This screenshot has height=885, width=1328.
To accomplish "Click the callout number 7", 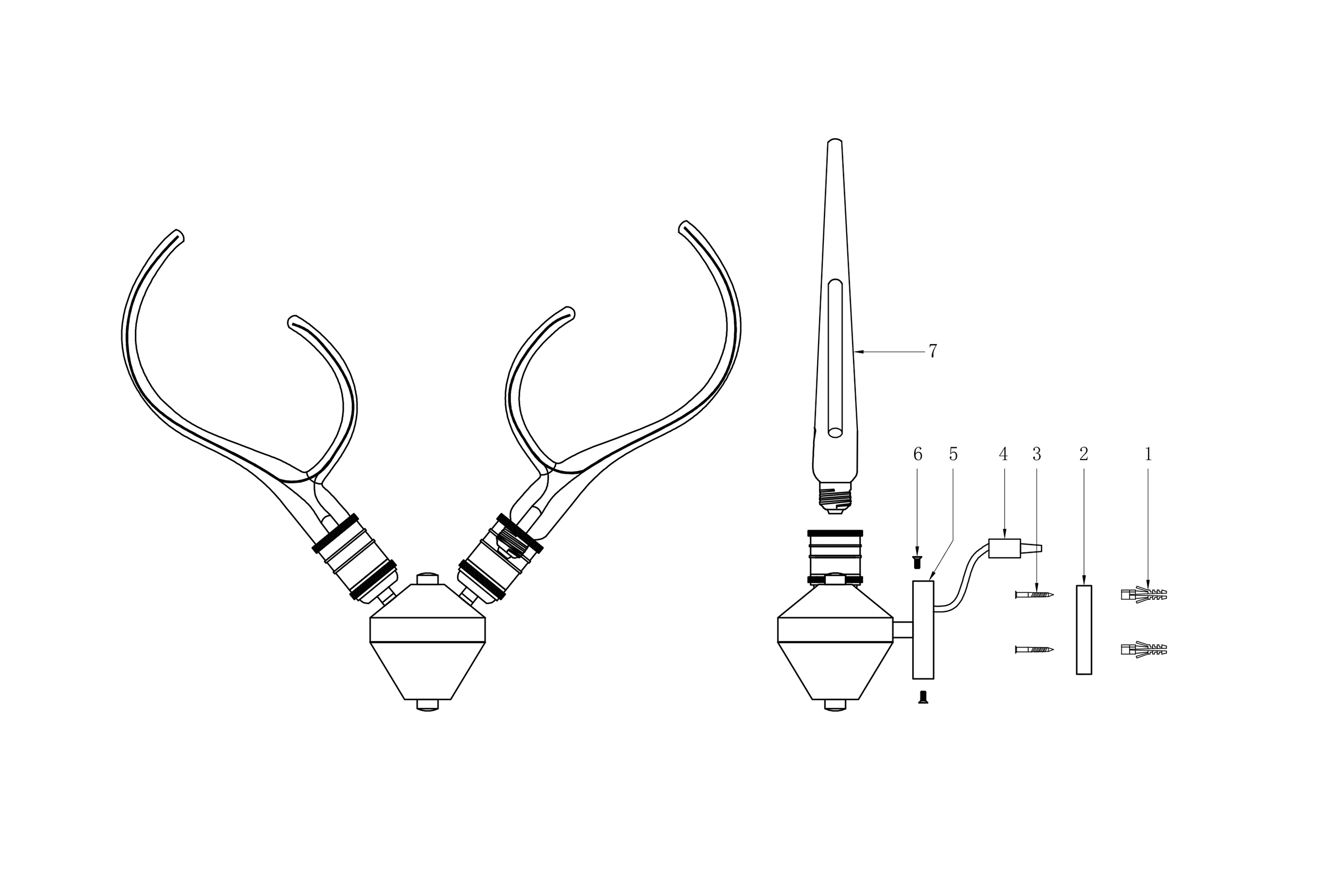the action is (933, 351).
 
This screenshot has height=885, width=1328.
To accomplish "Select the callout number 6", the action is (918, 454).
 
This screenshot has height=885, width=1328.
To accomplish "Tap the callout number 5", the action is (954, 454).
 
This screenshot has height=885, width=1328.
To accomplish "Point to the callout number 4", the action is (1003, 454).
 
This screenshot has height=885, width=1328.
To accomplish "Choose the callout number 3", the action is (1036, 454).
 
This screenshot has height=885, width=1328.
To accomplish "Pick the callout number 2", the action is (1084, 454).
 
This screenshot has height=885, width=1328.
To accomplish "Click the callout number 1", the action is (1147, 454).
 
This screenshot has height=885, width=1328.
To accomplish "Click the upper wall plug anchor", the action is (1144, 594).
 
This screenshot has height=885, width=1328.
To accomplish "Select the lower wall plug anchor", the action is (1144, 650).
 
